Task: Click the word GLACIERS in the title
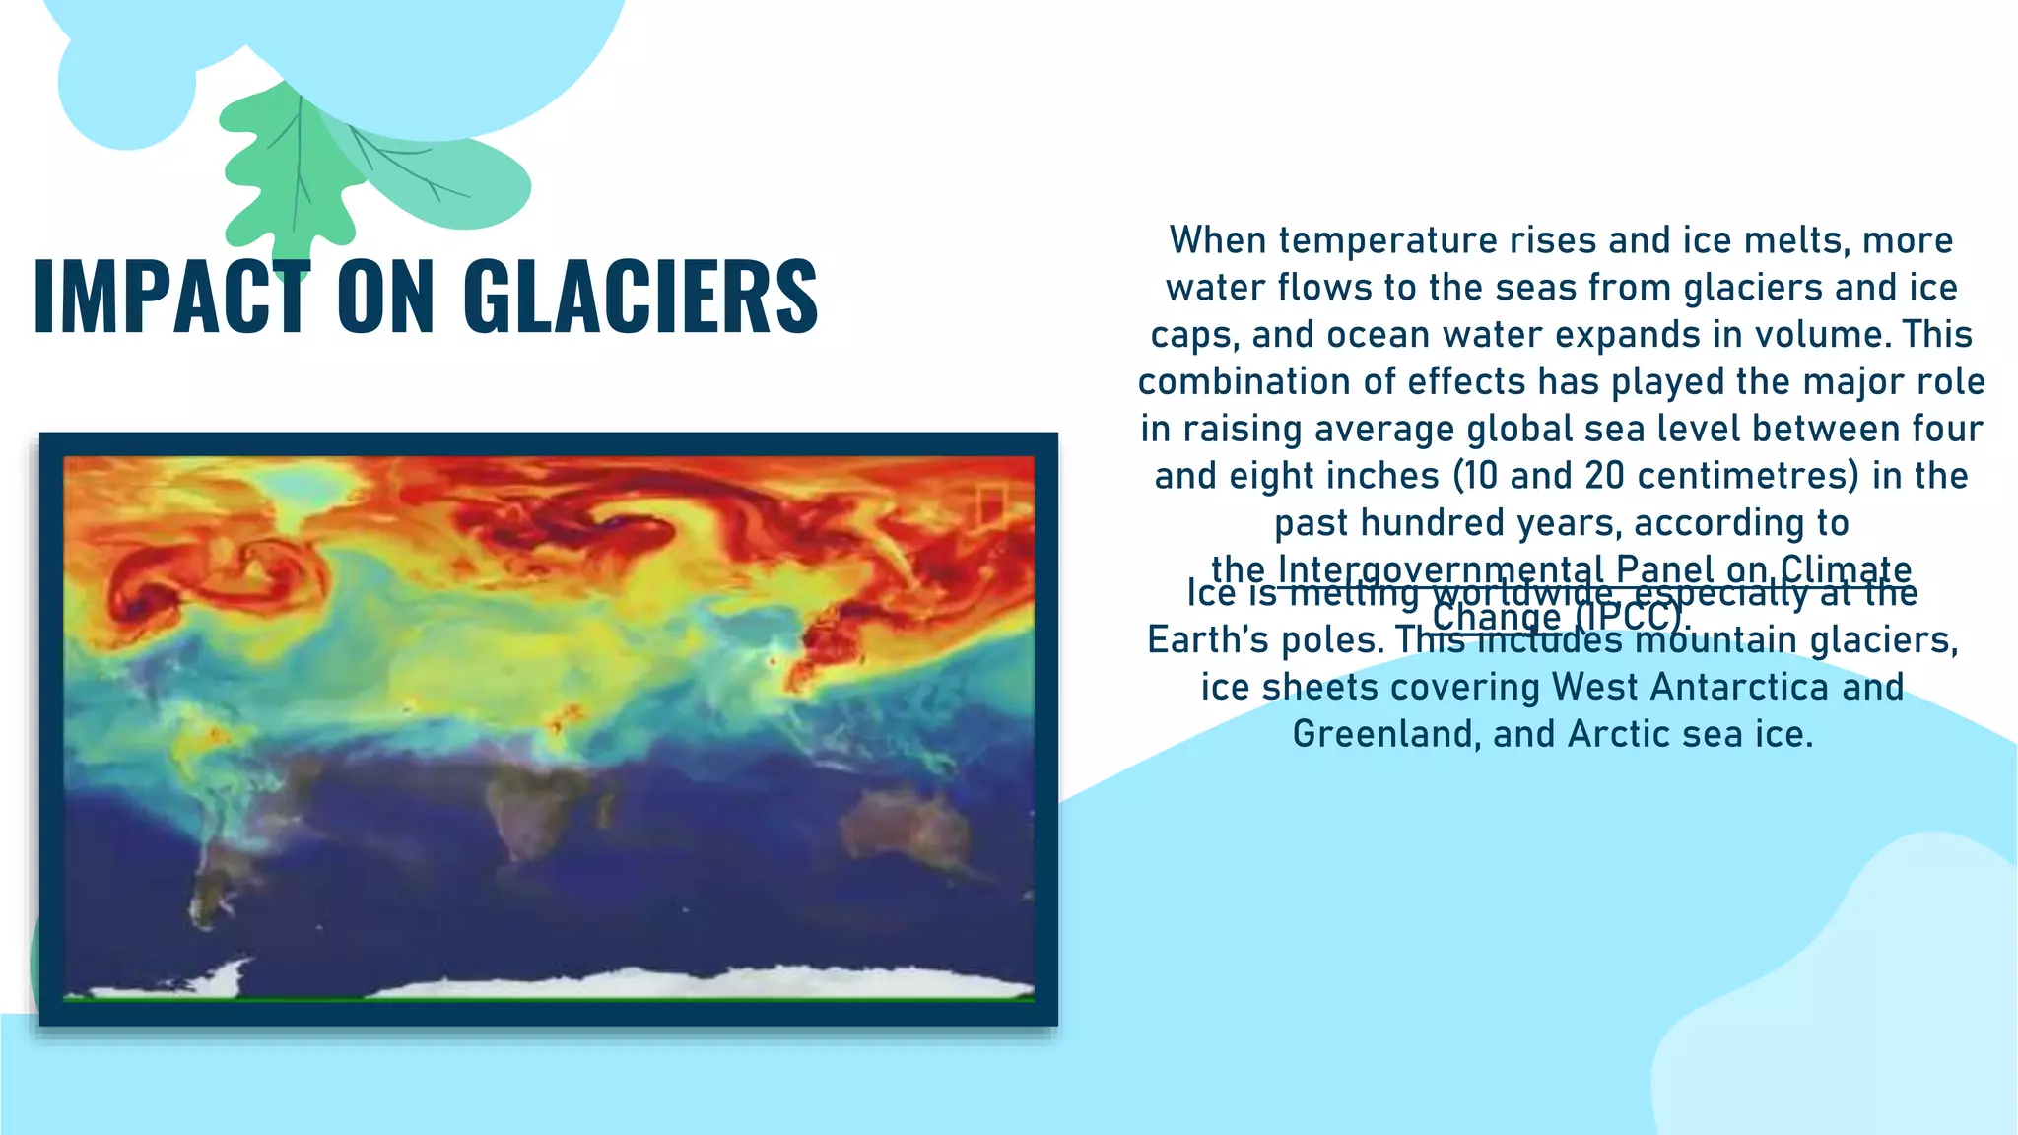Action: (x=640, y=296)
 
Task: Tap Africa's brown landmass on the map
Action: (x=537, y=803)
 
